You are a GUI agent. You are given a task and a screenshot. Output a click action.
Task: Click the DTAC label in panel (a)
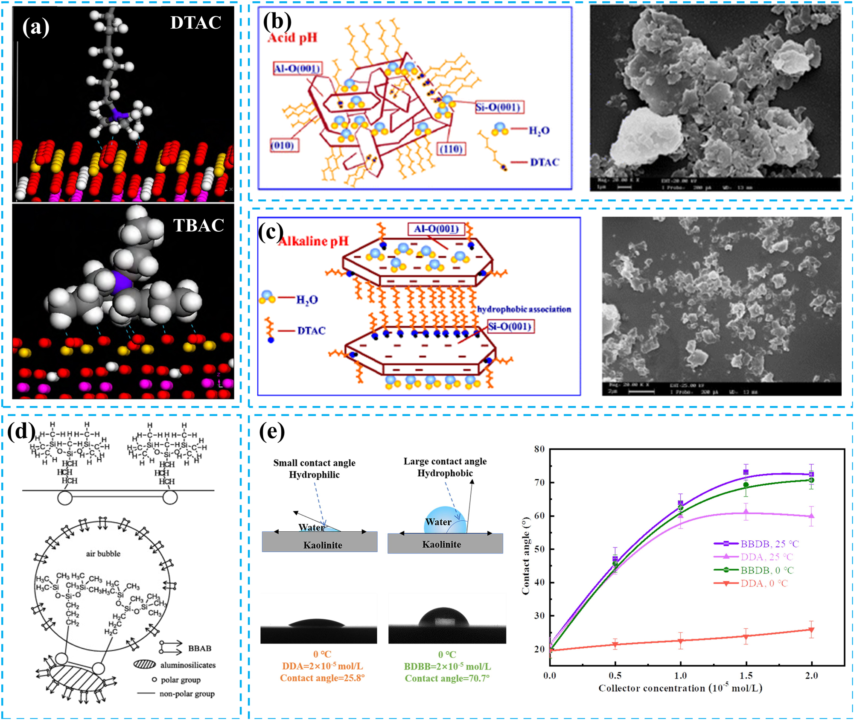click(x=195, y=23)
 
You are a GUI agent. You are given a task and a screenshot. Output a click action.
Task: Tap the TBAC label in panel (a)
click(x=198, y=225)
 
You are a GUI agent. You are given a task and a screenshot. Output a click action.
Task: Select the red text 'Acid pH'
click(x=293, y=38)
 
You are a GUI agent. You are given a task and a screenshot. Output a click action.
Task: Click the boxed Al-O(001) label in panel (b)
click(x=297, y=68)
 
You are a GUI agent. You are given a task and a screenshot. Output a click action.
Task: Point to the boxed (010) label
click(x=282, y=146)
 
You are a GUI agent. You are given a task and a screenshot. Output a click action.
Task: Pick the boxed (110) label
click(x=451, y=149)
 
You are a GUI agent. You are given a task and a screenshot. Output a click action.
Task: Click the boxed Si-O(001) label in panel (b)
click(x=498, y=107)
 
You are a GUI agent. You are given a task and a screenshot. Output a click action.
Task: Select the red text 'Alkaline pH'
click(x=313, y=241)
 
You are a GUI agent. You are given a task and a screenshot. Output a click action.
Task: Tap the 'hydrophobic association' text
click(x=524, y=309)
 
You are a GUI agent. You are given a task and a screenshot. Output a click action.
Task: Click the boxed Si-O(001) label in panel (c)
click(x=510, y=327)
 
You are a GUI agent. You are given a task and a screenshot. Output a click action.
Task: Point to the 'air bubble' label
click(x=103, y=554)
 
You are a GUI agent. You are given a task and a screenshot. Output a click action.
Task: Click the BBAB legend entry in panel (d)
click(x=199, y=648)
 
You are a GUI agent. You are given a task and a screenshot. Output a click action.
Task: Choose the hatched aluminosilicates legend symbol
click(x=145, y=665)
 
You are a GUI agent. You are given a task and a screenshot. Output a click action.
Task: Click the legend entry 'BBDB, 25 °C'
click(x=769, y=544)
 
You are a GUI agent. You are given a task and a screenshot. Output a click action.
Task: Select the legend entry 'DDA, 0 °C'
click(x=764, y=583)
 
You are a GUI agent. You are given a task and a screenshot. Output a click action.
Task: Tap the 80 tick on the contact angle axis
click(x=539, y=449)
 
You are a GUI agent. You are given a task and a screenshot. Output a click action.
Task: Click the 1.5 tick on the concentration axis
click(x=746, y=676)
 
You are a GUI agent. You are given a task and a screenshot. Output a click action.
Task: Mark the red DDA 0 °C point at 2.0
click(x=811, y=630)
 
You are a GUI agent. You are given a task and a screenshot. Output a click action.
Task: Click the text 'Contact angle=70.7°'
click(x=447, y=679)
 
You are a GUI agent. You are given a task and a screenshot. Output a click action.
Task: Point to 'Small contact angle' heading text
click(x=314, y=463)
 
